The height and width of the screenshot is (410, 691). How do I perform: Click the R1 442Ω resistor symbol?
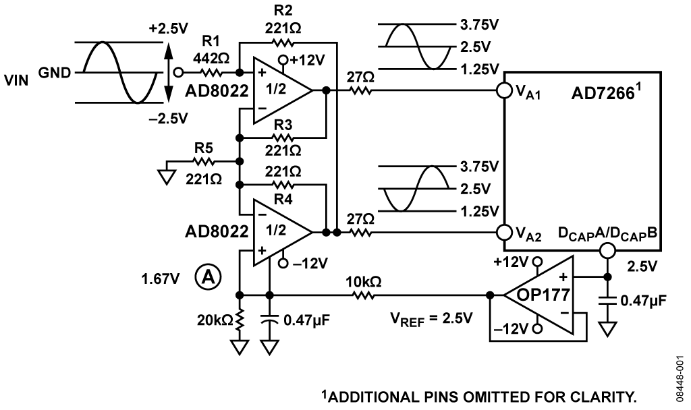[x=211, y=72]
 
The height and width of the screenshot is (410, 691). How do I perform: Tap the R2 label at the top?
[x=283, y=9]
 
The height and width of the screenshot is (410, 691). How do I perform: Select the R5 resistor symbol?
[x=204, y=162]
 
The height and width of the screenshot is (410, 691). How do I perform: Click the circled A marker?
[x=208, y=277]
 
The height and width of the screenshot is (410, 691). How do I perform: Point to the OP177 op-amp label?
[x=543, y=294]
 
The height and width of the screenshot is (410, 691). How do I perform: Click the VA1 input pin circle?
[x=503, y=91]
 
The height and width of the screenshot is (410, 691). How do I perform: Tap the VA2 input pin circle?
[x=503, y=232]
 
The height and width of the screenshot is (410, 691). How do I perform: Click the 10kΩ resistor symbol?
[x=364, y=295]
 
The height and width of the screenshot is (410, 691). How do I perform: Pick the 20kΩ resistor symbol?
[x=240, y=320]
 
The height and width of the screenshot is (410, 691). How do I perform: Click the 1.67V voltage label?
[x=161, y=279]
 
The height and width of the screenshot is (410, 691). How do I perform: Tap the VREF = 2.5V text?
[x=431, y=318]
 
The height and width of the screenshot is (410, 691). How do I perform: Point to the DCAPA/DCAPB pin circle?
[x=607, y=251]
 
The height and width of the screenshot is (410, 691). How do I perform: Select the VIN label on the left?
[x=16, y=81]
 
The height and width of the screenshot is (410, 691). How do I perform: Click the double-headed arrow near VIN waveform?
[x=168, y=73]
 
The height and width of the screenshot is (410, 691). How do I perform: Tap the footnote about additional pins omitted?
[x=479, y=397]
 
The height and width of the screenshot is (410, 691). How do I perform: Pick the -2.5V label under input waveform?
[x=168, y=118]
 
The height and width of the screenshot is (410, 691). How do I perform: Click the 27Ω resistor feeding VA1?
[x=361, y=91]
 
